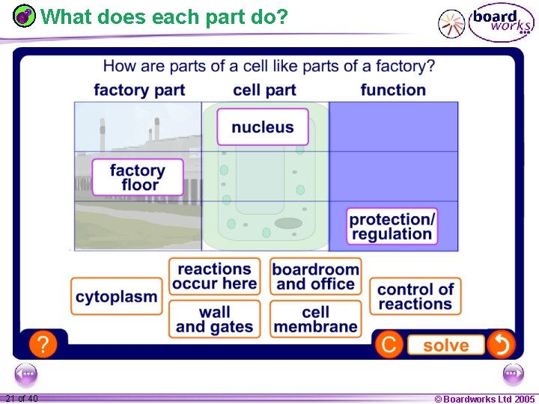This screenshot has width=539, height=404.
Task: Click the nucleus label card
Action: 262,127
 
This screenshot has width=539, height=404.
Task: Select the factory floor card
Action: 138,177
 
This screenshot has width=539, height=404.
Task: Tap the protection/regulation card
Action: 392,226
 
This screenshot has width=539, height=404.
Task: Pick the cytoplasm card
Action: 117,296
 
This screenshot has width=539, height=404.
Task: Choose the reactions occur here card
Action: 214,276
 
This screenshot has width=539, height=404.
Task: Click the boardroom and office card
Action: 315,276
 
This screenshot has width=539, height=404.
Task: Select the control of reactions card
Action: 415,296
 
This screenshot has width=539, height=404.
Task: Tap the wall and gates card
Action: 214,319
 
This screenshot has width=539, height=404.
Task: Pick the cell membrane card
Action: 315,319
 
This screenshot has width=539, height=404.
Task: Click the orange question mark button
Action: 44,345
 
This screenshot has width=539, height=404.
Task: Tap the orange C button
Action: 389,345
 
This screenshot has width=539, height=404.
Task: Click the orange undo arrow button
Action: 501,345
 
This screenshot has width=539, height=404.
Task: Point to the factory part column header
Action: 139,90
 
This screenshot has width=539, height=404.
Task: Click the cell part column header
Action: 264,90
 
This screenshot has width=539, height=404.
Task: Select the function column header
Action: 393,90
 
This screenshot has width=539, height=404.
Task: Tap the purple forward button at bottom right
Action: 514,373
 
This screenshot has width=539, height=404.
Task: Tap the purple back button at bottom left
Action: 25,373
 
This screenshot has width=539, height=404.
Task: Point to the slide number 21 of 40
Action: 21,399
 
